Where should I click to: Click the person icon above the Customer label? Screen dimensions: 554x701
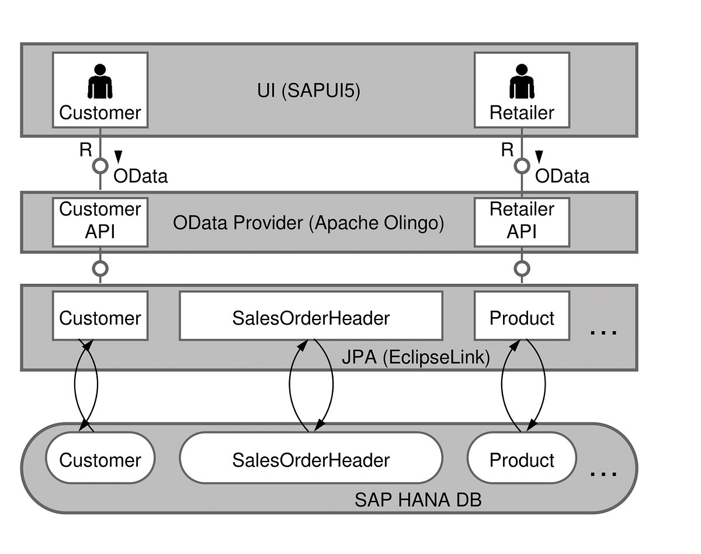point(100,81)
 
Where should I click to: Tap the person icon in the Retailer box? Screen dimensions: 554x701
point(522,81)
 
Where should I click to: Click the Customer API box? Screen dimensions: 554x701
point(100,221)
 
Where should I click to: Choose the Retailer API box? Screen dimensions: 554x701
point(522,221)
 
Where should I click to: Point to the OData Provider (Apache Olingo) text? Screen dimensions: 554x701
point(308,223)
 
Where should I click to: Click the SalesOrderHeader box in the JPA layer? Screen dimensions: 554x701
point(311,318)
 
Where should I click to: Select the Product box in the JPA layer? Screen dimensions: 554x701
point(522,318)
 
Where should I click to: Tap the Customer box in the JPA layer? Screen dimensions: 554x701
point(100,318)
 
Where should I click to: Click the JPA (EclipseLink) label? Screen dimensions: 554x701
point(415,357)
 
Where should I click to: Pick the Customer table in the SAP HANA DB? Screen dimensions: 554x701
point(100,459)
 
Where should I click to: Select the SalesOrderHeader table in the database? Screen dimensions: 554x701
point(311,459)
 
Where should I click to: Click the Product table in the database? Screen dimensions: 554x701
point(522,459)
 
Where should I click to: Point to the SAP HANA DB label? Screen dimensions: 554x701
point(418,500)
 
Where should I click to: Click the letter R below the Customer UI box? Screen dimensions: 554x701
point(86,150)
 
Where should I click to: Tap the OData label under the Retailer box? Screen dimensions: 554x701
point(562,176)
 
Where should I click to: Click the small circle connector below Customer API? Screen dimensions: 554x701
point(100,269)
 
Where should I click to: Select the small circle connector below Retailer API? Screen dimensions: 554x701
point(522,269)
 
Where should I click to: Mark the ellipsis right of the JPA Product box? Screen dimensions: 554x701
point(603,332)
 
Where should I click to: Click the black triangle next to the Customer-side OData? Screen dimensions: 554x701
point(118,156)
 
